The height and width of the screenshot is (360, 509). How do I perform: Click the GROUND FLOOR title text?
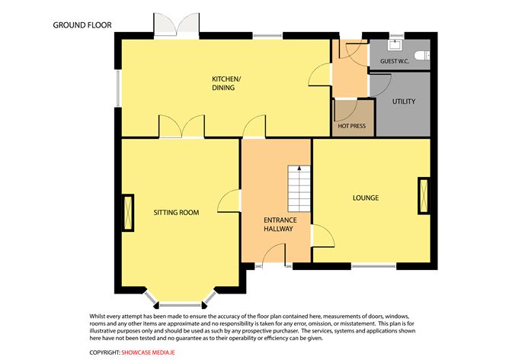[82, 24]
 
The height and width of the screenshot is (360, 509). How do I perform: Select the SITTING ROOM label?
[176, 212]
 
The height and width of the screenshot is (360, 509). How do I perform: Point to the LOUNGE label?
[366, 198]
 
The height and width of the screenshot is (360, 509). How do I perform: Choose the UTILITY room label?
[403, 101]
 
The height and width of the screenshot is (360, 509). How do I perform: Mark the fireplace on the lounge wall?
[423, 195]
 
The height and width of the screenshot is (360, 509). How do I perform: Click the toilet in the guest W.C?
[424, 54]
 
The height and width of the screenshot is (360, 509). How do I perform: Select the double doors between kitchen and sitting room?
[181, 127]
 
